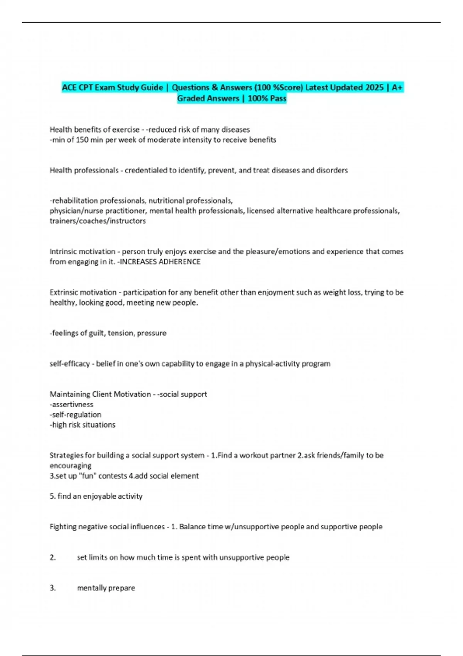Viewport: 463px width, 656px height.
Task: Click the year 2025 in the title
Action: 374,88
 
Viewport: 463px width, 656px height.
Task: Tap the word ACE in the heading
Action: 69,88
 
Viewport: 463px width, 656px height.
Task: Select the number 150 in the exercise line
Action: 82,140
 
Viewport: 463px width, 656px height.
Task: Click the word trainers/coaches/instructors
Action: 98,221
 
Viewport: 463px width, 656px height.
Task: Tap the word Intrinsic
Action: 63,252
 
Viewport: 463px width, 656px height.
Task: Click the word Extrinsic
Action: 63,292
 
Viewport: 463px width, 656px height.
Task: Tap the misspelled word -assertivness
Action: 71,404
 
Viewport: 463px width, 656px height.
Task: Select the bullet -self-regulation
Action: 75,414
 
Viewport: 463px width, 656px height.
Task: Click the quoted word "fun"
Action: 88,476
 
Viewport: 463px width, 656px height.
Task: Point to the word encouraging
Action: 70,465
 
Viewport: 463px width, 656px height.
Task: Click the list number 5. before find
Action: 52,496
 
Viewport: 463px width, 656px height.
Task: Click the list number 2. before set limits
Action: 52,557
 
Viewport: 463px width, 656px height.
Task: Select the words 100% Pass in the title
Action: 267,98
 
